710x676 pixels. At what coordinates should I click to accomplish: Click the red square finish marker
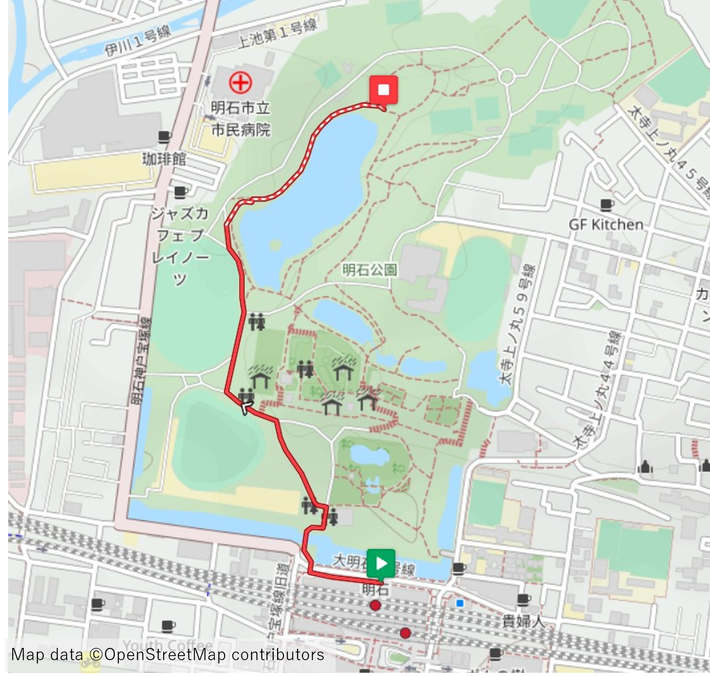(x=383, y=90)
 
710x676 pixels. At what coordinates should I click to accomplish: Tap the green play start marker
(x=381, y=564)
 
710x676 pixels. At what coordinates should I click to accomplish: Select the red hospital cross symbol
(x=240, y=83)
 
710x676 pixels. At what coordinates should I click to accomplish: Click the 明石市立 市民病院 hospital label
(x=240, y=119)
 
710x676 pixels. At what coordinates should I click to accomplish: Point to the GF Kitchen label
(x=606, y=225)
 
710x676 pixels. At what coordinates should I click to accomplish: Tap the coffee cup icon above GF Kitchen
(x=607, y=205)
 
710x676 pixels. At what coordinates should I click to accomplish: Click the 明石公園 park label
(x=369, y=270)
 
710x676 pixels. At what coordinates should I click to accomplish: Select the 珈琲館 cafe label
(x=164, y=159)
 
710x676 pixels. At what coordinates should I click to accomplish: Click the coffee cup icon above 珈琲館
(x=164, y=137)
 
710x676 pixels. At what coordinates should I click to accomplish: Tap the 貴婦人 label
(x=523, y=621)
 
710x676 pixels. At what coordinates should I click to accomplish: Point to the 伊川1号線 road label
(x=138, y=41)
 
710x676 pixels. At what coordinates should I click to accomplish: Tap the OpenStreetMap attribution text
(x=168, y=655)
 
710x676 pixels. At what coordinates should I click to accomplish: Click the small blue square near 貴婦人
(x=460, y=603)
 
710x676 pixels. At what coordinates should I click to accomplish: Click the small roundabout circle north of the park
(x=507, y=76)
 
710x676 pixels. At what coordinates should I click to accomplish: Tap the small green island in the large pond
(x=275, y=245)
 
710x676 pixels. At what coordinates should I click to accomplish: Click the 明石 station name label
(x=375, y=589)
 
